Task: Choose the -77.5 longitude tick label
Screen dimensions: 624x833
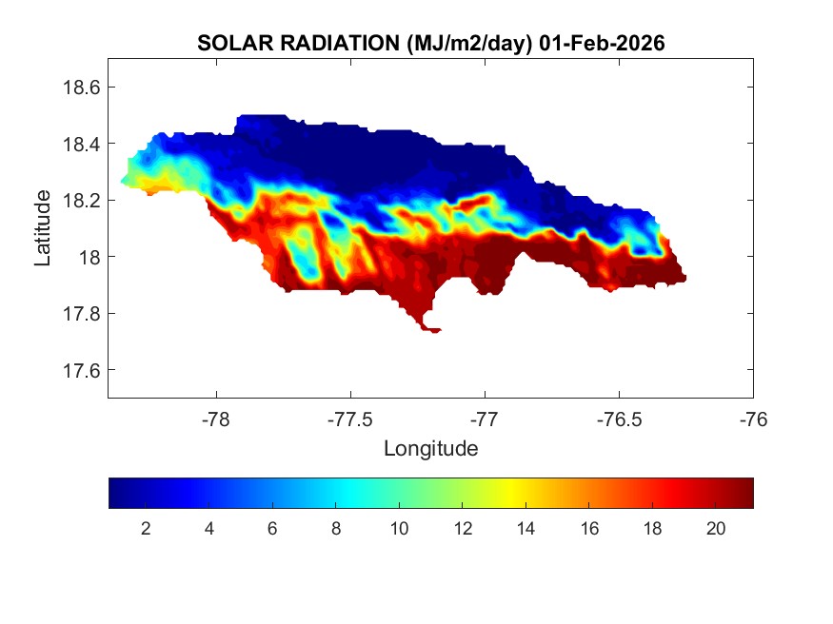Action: click(x=350, y=417)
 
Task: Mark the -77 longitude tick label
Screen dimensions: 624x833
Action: click(x=485, y=417)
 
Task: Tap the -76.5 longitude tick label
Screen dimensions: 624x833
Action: click(x=619, y=417)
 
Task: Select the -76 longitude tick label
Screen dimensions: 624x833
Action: click(x=753, y=417)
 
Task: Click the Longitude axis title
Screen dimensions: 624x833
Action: click(x=430, y=448)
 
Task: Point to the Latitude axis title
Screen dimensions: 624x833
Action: click(x=43, y=228)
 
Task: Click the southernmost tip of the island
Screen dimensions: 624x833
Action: click(x=433, y=331)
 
